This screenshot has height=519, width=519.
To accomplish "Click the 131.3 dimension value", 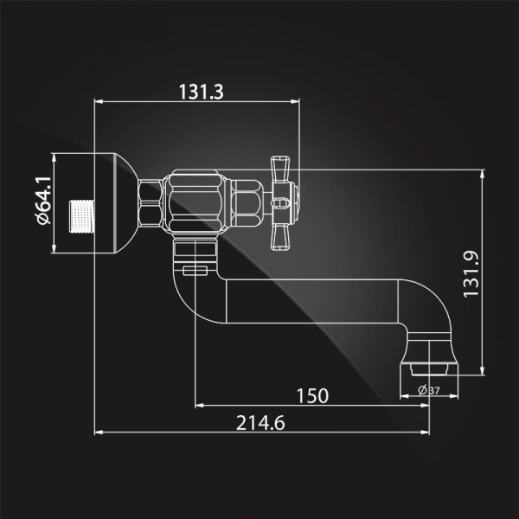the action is tap(202, 92).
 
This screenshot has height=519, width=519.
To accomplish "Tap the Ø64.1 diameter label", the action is tap(43, 201).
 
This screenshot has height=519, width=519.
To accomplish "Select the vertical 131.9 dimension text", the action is tap(471, 274).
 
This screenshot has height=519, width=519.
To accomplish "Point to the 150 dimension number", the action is tap(312, 396).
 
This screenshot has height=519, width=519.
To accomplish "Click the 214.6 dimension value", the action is tap(260, 423).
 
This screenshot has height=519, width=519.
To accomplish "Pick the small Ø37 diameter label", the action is tap(429, 391).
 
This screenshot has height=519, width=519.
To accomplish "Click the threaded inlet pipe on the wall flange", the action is tap(82, 216).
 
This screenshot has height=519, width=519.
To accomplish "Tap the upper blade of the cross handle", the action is tap(280, 169).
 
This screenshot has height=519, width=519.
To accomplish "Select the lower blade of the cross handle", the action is tap(280, 237).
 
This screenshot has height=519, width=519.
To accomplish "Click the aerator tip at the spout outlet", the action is tap(429, 369).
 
